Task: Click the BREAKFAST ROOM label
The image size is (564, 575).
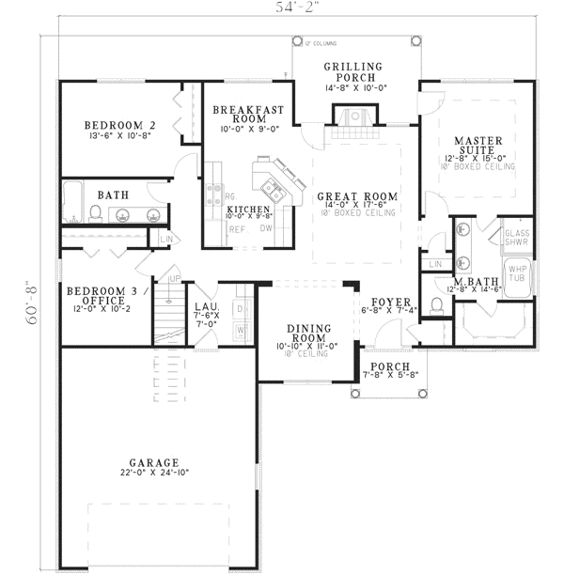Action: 247,114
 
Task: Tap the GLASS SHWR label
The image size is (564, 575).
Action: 517,235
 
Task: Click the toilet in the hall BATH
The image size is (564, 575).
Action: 95,212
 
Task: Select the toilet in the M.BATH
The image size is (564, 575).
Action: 435,304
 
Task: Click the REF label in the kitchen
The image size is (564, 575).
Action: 237,228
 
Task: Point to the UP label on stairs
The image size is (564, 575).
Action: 172,280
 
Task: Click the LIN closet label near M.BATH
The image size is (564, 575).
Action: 435,264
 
